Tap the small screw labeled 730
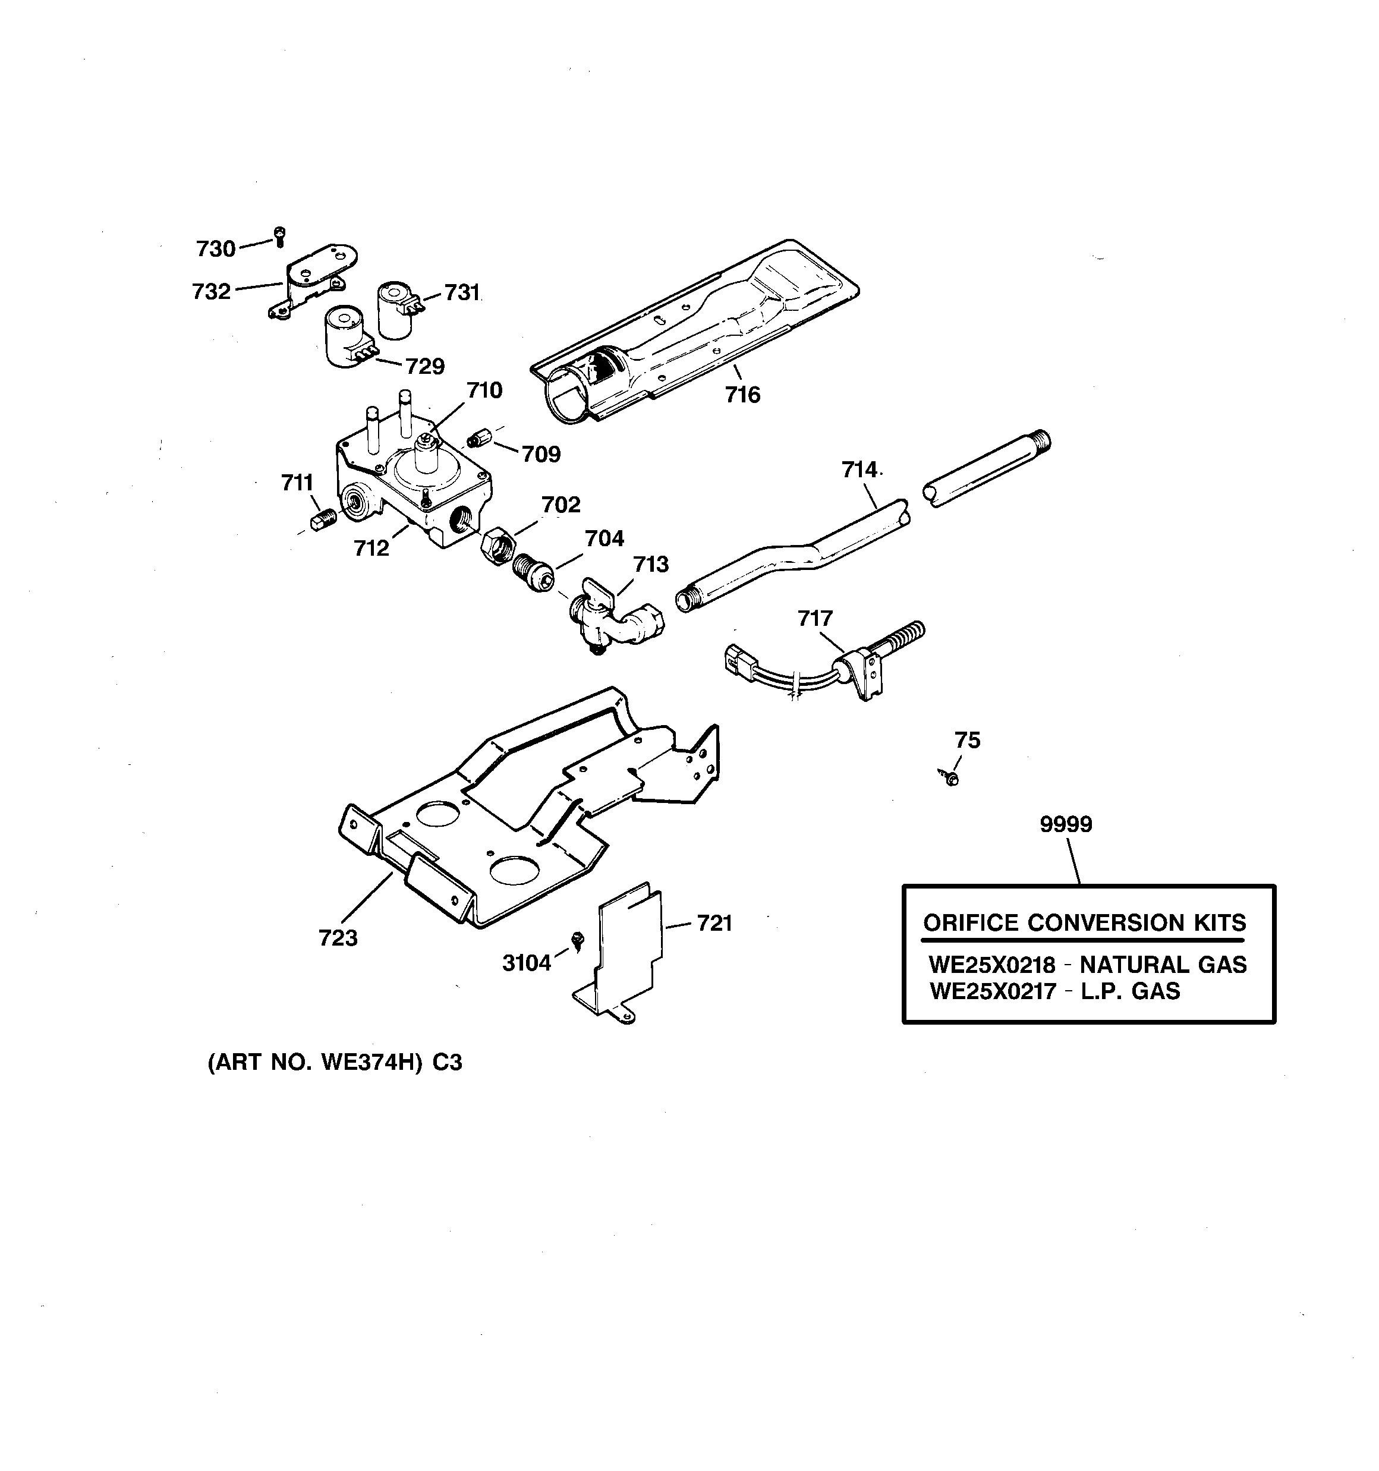(279, 236)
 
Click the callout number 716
(742, 395)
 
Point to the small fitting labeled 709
(480, 439)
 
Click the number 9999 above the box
(1065, 824)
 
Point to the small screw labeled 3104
(578, 940)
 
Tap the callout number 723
(338, 938)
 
